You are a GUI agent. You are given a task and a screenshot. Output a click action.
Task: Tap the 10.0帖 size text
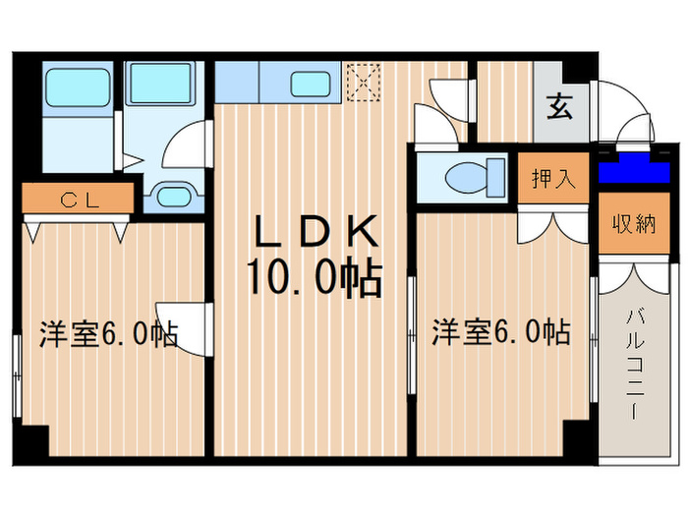pyautogui.click(x=315, y=280)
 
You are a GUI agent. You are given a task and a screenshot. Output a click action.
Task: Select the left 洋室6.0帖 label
pyautogui.click(x=108, y=334)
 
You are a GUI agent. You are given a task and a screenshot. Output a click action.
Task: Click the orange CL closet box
pyautogui.click(x=76, y=200)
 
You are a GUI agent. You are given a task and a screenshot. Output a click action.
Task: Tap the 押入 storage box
pyautogui.click(x=553, y=179)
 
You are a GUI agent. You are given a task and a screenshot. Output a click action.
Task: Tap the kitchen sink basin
pyautogui.click(x=313, y=84)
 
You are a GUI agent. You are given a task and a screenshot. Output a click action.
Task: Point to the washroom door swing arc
pyautogui.click(x=187, y=144)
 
